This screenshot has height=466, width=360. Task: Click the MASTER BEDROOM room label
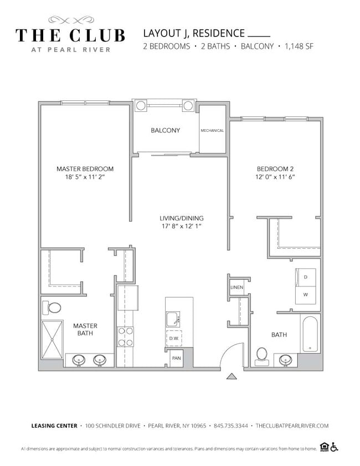click(85, 169)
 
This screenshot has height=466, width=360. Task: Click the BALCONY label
click(165, 131)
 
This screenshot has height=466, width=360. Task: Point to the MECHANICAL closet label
click(212, 131)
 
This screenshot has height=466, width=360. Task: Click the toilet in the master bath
click(54, 308)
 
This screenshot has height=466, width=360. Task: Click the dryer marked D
click(305, 276)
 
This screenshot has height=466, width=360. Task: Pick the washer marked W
click(305, 295)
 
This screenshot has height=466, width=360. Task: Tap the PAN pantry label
click(176, 359)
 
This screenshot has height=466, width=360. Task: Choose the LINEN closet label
click(236, 288)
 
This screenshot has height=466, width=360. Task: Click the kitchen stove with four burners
click(125, 336)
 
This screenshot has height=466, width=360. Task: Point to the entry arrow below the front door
click(232, 377)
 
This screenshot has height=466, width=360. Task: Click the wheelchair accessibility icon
click(334, 447)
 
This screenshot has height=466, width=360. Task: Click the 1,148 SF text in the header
click(299, 47)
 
